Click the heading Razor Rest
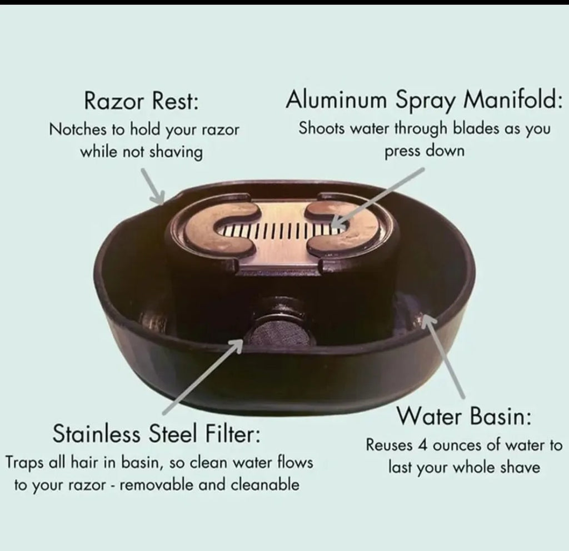[x=142, y=101]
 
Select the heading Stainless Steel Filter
[x=156, y=433]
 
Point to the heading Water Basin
[x=464, y=417]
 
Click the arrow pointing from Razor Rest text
[x=152, y=185]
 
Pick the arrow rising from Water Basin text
[x=443, y=355]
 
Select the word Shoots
[x=321, y=128]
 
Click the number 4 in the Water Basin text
[x=422, y=445]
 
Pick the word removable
[x=157, y=484]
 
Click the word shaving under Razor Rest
[x=176, y=152]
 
